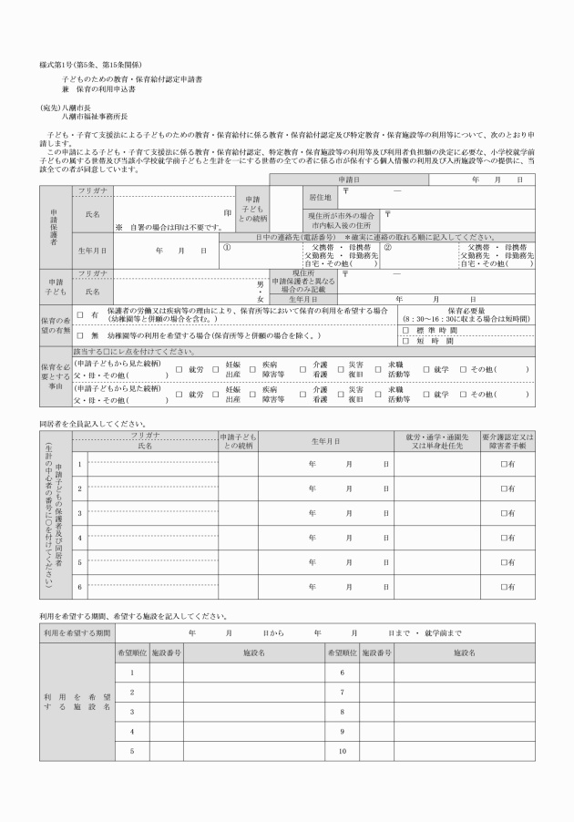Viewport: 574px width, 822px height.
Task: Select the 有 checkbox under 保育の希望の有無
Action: pyautogui.click(x=82, y=314)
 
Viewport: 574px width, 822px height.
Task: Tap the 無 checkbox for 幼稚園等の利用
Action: pyautogui.click(x=82, y=335)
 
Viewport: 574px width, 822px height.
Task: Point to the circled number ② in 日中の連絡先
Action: pyautogui.click(x=387, y=246)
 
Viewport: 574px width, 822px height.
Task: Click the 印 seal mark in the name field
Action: pyautogui.click(x=227, y=211)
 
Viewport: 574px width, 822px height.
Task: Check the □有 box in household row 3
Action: pyautogui.click(x=507, y=514)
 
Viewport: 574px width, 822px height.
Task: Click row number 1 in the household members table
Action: pyautogui.click(x=80, y=465)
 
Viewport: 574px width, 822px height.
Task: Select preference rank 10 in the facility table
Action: pyautogui.click(x=341, y=751)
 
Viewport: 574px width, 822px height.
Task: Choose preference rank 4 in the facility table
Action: pyautogui.click(x=131, y=732)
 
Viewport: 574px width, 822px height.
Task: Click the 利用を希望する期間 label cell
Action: pyautogui.click(x=77, y=632)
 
